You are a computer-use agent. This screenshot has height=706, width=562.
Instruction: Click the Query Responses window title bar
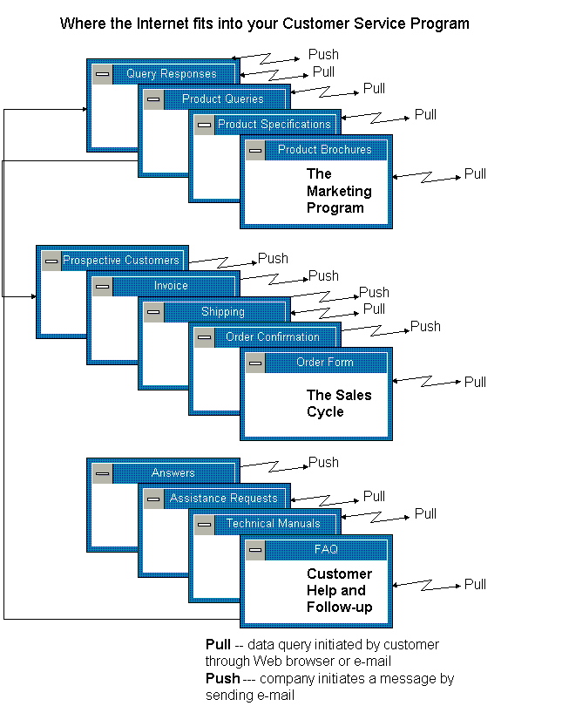171,74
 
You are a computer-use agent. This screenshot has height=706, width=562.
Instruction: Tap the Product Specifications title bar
274,125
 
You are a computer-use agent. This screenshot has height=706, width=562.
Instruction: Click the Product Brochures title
324,150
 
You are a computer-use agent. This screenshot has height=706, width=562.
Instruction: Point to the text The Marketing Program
339,191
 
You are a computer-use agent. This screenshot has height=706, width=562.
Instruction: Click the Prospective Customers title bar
120,261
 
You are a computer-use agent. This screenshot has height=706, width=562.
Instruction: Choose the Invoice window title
171,286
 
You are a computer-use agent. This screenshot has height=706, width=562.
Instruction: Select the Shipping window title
222,312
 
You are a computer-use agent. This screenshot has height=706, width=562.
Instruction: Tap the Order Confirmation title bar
273,337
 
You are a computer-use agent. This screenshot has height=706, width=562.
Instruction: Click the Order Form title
324,363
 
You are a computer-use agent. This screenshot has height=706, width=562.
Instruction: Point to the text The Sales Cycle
339,404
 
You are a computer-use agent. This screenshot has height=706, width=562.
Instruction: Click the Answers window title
173,473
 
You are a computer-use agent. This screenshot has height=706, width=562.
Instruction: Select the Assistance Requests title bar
223,499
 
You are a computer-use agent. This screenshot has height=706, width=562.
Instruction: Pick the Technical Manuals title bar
273,524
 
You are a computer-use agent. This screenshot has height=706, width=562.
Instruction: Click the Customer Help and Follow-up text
340,590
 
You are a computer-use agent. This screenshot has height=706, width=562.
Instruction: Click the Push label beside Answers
323,463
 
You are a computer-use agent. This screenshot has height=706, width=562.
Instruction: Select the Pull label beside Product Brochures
475,174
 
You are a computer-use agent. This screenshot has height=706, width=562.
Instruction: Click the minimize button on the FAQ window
255,550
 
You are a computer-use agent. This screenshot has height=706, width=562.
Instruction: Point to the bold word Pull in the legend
218,645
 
